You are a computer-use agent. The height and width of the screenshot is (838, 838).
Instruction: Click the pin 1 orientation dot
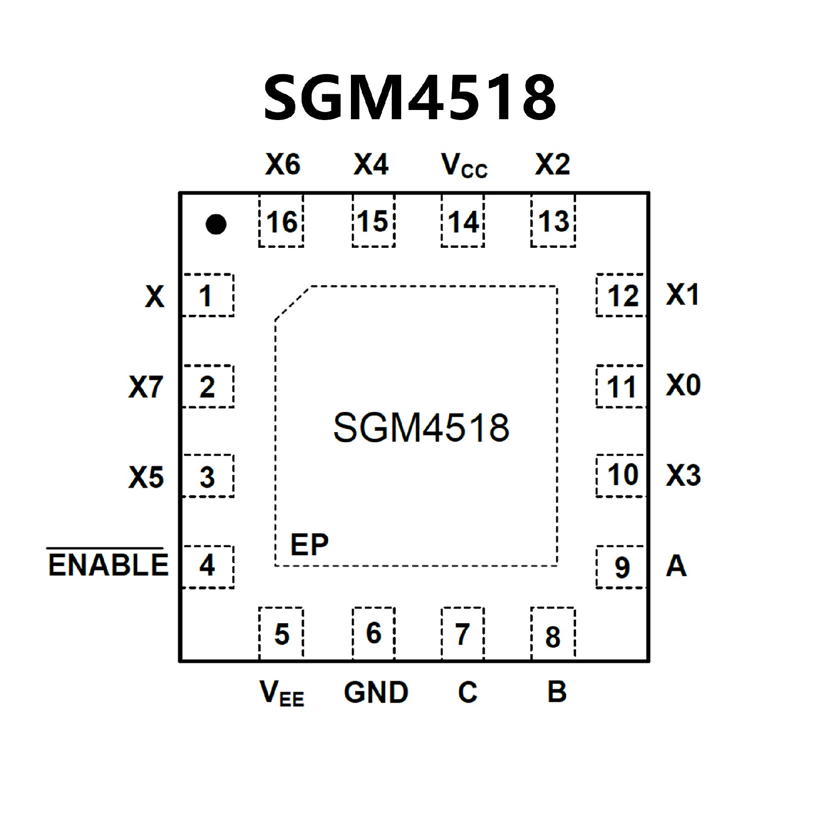pos(216,224)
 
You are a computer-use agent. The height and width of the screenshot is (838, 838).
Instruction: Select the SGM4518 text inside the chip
pos(421,428)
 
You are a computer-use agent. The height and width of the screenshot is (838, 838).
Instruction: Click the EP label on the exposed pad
pos(309,544)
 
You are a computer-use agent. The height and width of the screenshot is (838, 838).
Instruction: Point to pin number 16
pos(282,222)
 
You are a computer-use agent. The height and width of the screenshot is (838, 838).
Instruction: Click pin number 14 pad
pos(463,222)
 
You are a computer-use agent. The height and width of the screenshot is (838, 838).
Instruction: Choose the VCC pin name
pos(464,166)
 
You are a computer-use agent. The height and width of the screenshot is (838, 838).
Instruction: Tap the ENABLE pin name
pos(108,565)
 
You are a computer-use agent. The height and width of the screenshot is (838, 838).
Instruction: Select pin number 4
pos(207,566)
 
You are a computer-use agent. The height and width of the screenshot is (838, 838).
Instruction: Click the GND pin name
pos(376,692)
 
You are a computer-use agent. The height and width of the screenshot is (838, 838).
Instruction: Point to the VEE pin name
pos(282,693)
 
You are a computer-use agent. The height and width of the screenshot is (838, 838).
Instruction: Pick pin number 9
pos(622,567)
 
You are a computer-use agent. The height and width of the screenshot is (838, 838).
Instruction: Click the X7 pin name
pos(146,387)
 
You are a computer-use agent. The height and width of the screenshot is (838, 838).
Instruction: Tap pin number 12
pos(623,296)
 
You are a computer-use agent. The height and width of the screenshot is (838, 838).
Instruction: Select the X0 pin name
pos(683,386)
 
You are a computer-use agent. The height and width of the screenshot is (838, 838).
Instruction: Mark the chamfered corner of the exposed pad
pos(292,303)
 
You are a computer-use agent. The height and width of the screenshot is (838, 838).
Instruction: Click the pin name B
pos(556,692)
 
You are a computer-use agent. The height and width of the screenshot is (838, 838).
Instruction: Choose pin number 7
pos(462,634)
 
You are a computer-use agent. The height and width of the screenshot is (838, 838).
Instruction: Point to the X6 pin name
pos(282,165)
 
